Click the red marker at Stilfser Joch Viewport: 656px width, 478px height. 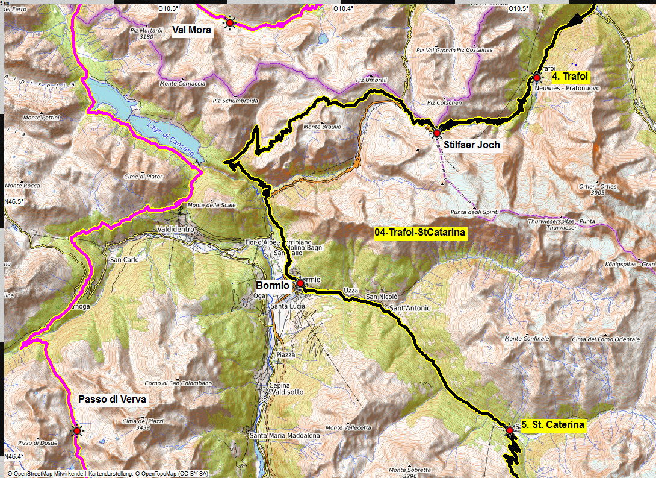click(x=437, y=133)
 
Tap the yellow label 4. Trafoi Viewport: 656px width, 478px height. click(x=571, y=77)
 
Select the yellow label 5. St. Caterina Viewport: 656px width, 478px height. click(x=552, y=425)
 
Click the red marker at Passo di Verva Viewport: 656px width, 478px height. click(x=76, y=430)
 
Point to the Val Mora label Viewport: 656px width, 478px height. click(x=191, y=30)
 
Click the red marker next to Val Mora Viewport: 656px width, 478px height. click(x=229, y=23)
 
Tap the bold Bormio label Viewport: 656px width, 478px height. click(x=273, y=285)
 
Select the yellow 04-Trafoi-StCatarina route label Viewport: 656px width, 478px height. click(x=421, y=232)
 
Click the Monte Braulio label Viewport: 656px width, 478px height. click(x=322, y=127)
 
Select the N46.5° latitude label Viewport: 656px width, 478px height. click(x=13, y=201)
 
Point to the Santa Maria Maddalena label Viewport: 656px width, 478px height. click(x=285, y=435)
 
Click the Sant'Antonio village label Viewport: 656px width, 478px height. click(x=410, y=308)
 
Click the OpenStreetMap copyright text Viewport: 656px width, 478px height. click(x=108, y=474)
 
